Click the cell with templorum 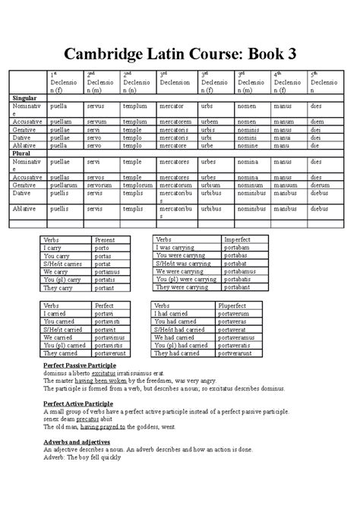137,185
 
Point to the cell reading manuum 285,185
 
